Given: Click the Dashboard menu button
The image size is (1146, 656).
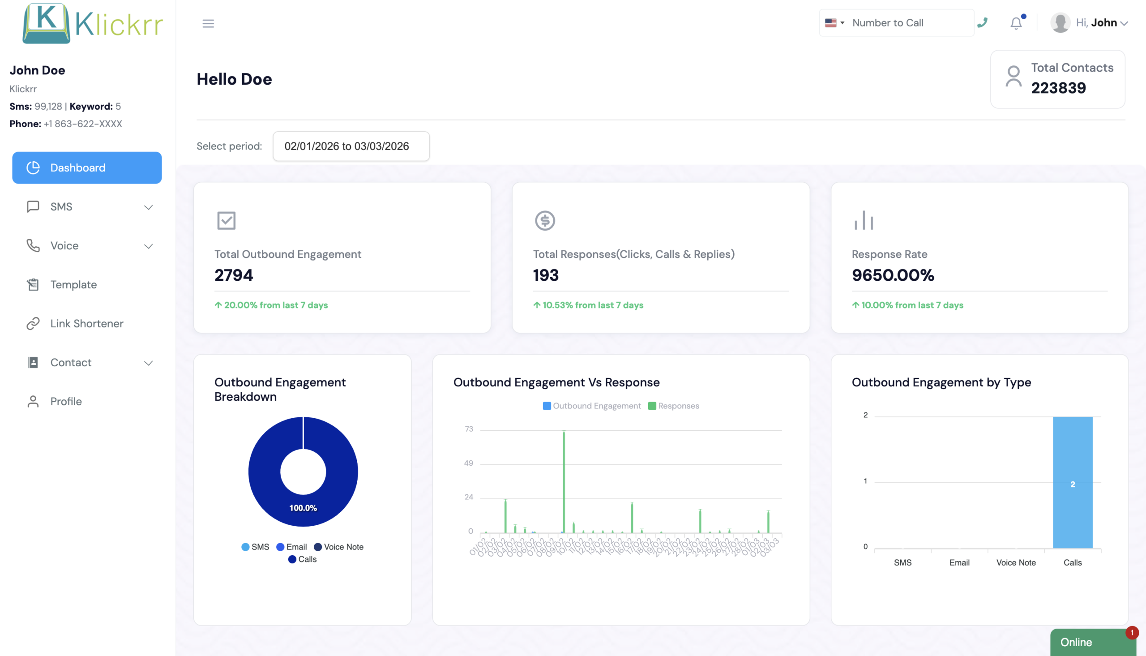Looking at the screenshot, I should click(87, 167).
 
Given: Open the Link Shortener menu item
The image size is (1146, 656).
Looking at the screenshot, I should click(86, 323).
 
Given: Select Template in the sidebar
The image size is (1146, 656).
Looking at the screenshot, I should click(73, 285).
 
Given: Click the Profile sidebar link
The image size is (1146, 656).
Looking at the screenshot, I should click(66, 402).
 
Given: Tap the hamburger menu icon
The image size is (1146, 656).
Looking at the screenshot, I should click(208, 23).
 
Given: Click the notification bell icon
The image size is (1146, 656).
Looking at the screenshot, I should click(1016, 23).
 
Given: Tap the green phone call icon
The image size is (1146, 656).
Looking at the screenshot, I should click(983, 22).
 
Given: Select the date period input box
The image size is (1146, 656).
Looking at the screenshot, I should click(351, 146).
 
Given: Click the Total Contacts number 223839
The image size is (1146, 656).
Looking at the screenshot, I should click(1058, 88).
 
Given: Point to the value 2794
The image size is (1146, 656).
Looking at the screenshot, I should click(234, 275).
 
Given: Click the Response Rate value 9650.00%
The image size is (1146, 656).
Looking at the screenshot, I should click(893, 275).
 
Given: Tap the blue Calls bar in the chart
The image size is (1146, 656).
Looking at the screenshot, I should click(1072, 482).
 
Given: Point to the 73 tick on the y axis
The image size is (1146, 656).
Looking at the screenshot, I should click(469, 429).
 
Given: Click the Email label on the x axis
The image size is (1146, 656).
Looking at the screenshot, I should click(959, 563).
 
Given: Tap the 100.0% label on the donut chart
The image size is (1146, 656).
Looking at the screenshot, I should click(303, 508).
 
